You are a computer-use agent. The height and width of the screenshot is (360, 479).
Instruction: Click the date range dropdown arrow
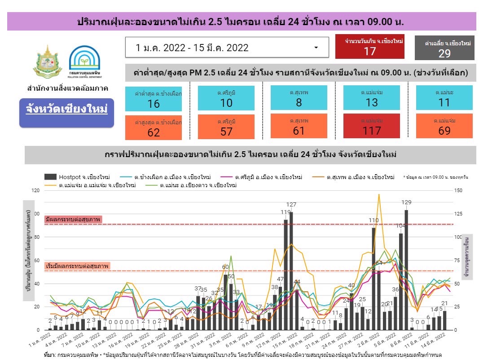[x=316, y=48]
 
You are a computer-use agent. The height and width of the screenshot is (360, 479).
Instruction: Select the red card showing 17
[x=369, y=47]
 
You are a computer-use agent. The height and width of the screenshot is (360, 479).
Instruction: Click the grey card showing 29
[x=444, y=48]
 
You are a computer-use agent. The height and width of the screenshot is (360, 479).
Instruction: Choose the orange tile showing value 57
[x=226, y=127]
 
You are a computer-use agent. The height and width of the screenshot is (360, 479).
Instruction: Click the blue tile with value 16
[x=154, y=99]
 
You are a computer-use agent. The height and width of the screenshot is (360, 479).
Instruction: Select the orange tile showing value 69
[x=444, y=126]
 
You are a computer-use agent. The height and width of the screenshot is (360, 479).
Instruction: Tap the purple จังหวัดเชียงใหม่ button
[x=66, y=110]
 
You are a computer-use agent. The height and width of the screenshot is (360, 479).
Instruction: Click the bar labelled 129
[x=406, y=269]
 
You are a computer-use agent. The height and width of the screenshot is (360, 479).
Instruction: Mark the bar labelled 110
[x=374, y=278]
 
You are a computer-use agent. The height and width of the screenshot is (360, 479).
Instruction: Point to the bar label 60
[x=225, y=267]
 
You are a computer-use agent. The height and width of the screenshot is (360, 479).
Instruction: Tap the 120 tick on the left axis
[x=34, y=191]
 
